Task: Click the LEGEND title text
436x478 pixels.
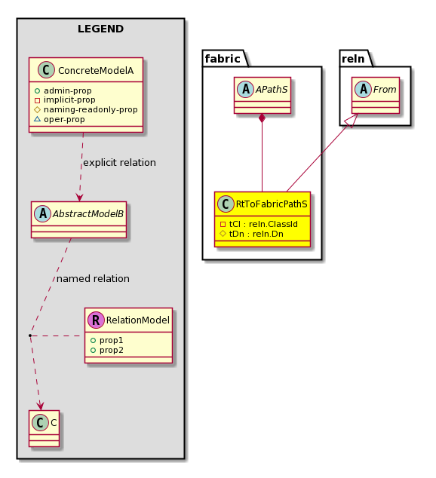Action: (100, 29)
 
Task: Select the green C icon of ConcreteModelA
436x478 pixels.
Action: (46, 70)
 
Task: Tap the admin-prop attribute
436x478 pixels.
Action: (67, 90)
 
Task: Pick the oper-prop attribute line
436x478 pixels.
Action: (64, 119)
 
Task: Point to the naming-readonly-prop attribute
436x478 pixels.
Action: (91, 109)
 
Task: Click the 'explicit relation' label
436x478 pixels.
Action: (119, 163)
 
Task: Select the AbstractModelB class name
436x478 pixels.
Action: (88, 213)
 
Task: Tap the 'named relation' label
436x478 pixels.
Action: (93, 279)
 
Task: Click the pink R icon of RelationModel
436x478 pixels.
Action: (96, 320)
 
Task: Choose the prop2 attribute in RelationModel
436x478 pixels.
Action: (111, 350)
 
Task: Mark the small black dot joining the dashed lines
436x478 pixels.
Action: (30, 336)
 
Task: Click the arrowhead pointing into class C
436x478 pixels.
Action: (40, 406)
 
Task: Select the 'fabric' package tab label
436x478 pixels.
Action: (223, 59)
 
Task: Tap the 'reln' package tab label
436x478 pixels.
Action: (353, 59)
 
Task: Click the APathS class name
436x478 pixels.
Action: (272, 89)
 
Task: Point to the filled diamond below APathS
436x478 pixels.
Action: (262, 118)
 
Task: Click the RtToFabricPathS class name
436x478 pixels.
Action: (272, 204)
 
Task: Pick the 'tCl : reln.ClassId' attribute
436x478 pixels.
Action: (263, 224)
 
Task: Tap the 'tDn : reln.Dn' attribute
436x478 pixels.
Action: (256, 234)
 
